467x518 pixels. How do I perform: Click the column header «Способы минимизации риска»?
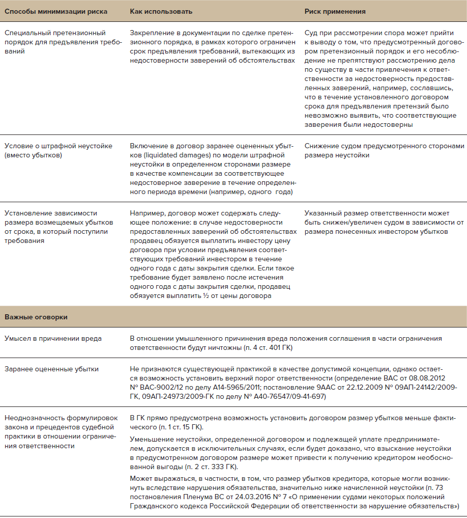pyautogui.click(x=49, y=11)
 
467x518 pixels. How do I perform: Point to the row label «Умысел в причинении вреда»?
pyautogui.click(x=53, y=339)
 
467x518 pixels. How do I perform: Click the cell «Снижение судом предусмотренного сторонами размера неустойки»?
pyautogui.click(x=384, y=150)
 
